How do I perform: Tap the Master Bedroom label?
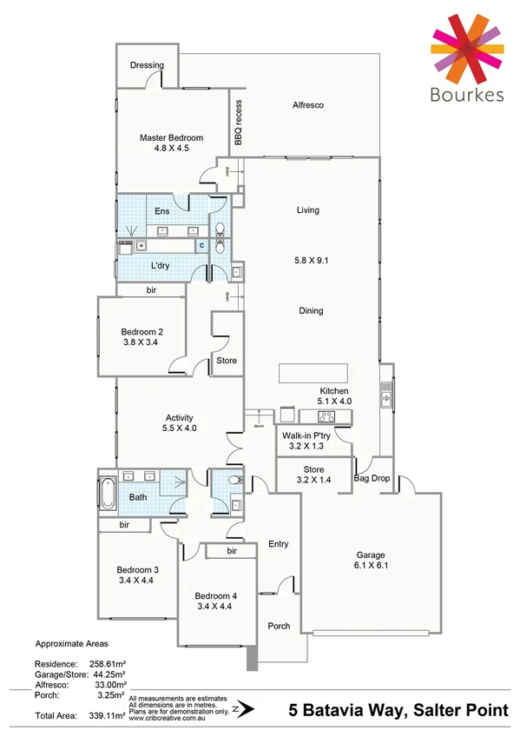tap(171, 137)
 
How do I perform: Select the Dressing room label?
tap(147, 65)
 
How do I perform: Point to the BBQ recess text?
tap(238, 123)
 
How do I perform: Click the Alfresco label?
tap(307, 105)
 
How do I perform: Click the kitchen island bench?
tap(313, 374)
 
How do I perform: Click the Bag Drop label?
tap(372, 478)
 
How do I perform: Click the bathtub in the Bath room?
tap(108, 494)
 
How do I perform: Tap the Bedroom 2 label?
tap(142, 332)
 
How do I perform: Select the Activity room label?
tap(179, 418)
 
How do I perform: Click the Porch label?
tap(279, 626)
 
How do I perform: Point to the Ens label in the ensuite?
tap(161, 211)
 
